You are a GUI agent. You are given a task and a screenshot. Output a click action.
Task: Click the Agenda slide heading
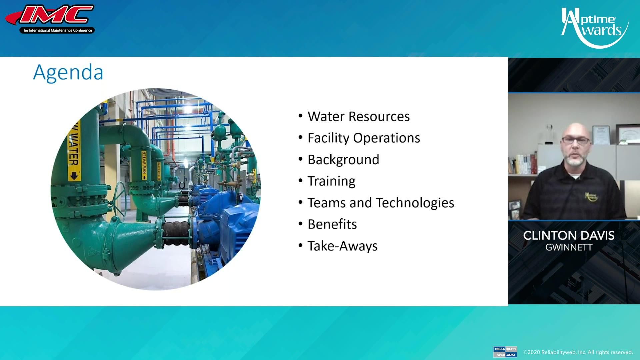click(68, 72)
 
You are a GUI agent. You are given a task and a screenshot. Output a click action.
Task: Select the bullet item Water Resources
click(358, 116)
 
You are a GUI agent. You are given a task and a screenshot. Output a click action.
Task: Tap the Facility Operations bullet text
click(363, 138)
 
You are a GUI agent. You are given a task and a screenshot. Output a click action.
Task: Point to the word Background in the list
click(343, 160)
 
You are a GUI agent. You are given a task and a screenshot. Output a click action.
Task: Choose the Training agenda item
click(331, 181)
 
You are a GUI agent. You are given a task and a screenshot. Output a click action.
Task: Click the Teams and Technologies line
click(380, 203)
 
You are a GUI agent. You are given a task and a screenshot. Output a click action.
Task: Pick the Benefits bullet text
click(332, 224)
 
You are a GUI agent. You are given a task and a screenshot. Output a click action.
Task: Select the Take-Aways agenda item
click(342, 246)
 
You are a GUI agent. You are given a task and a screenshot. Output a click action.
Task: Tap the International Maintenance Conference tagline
click(57, 30)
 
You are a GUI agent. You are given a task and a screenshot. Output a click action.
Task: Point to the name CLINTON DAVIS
click(569, 236)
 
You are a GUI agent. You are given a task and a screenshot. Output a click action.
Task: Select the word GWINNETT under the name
click(569, 248)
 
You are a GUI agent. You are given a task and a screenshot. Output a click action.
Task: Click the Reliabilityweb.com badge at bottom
click(505, 352)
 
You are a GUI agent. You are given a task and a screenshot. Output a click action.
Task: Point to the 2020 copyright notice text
click(578, 352)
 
